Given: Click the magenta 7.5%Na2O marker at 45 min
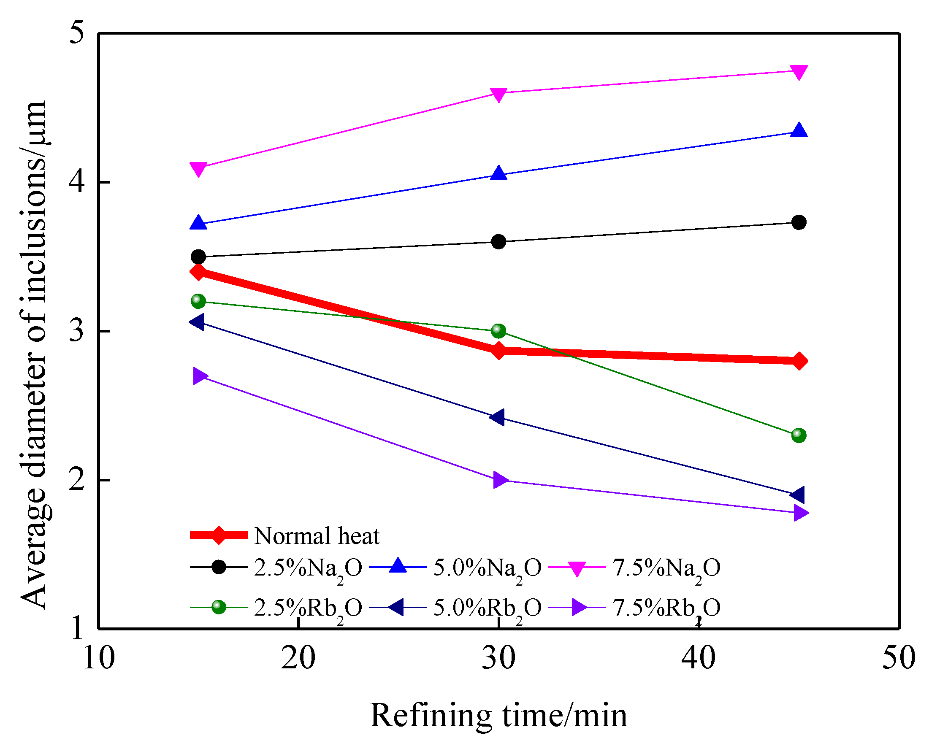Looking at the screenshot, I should click(x=799, y=71).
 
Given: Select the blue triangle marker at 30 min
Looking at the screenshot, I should click(x=498, y=173).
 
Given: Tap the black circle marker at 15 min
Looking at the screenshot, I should click(x=198, y=257).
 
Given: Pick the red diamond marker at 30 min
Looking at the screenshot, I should click(x=498, y=351).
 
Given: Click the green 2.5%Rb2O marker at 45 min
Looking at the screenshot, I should click(x=799, y=435).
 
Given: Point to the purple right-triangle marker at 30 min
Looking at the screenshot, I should click(x=499, y=480).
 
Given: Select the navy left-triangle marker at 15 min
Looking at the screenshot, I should click(x=198, y=322).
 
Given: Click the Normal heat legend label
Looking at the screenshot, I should click(x=317, y=536).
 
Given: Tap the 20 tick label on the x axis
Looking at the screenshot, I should click(x=298, y=658).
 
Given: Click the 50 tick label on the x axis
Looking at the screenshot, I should click(x=899, y=658).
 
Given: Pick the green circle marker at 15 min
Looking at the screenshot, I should click(x=198, y=301).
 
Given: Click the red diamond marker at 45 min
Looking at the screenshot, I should click(x=799, y=361).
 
